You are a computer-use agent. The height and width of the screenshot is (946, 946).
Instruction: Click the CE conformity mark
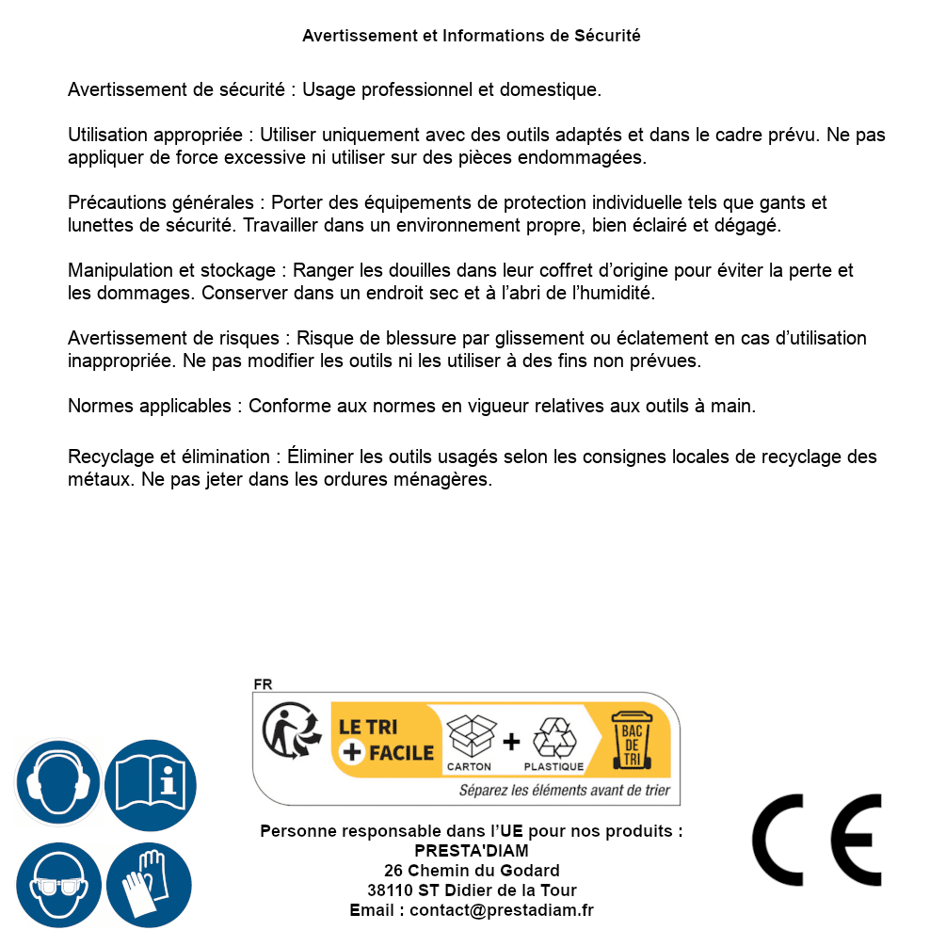coord(816,840)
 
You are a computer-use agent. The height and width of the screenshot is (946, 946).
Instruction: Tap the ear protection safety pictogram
coord(58,783)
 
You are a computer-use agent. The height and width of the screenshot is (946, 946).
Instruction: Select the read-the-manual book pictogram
coord(151,783)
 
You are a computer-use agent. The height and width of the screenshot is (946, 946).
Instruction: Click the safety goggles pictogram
coord(58,886)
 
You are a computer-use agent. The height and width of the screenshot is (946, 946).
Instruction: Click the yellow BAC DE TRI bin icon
coord(630,742)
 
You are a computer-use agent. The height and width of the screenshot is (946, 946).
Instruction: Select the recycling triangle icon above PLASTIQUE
coord(553,737)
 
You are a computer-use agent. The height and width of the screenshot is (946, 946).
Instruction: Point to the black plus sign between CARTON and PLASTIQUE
coord(511,742)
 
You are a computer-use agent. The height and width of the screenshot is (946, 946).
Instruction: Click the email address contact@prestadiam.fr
coord(502,910)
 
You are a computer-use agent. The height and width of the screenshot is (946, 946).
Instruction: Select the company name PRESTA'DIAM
coord(472,851)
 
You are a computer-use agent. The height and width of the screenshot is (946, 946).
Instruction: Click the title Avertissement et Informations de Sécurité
coord(472,36)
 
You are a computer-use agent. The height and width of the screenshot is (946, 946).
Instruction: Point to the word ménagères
coord(445,479)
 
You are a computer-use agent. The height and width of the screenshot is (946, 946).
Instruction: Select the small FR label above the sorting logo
coord(263,685)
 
